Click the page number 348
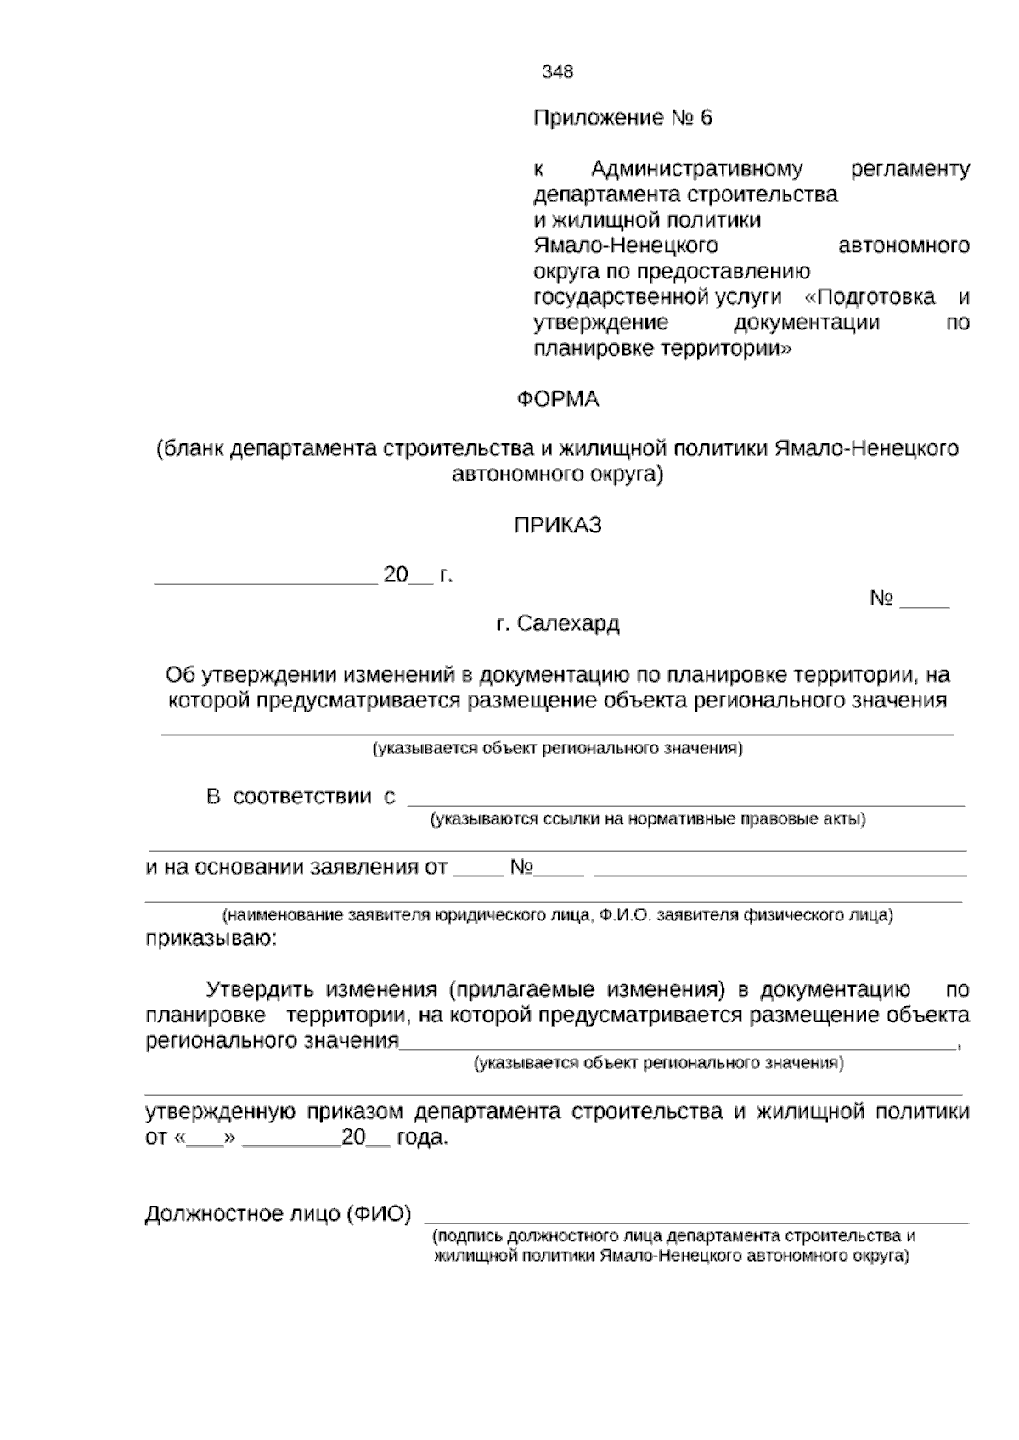coord(558,72)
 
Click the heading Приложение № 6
coord(622,118)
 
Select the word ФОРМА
coord(558,399)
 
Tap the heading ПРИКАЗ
coord(558,526)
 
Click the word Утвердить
coord(261,990)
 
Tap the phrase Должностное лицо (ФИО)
coord(278,1215)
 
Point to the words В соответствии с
coord(301,797)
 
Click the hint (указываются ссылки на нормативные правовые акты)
coord(647,820)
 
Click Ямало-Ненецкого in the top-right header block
coord(625,246)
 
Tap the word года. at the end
coord(422,1139)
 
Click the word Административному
coord(696,169)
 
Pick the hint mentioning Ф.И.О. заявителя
coord(557,916)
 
